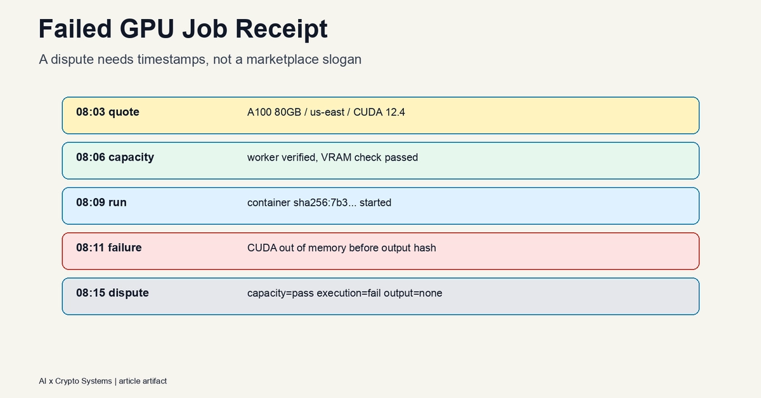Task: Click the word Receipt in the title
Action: (x=282, y=29)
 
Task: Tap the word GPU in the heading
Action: (x=146, y=29)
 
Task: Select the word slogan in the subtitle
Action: (x=342, y=60)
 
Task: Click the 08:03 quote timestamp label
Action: (x=108, y=112)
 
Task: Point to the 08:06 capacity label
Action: (x=115, y=157)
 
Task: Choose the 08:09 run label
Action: (x=101, y=202)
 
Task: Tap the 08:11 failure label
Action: (x=108, y=248)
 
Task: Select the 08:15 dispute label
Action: (x=112, y=293)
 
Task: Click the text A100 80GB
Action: (x=274, y=112)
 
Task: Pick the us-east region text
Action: (x=327, y=112)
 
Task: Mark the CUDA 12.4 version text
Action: (x=379, y=112)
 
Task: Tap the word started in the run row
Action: (x=375, y=202)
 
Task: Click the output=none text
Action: (x=413, y=293)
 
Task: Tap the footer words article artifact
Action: (x=143, y=381)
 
